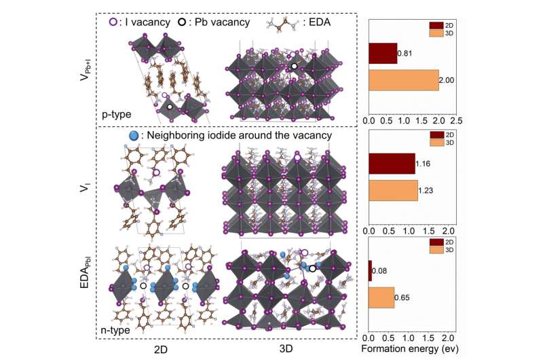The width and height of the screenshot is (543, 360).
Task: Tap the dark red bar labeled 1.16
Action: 391,163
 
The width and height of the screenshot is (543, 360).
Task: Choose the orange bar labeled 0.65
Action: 381,298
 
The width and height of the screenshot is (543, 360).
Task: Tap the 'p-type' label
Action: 117,114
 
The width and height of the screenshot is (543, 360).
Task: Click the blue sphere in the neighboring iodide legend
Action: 134,136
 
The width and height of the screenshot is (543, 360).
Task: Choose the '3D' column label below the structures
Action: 286,351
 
